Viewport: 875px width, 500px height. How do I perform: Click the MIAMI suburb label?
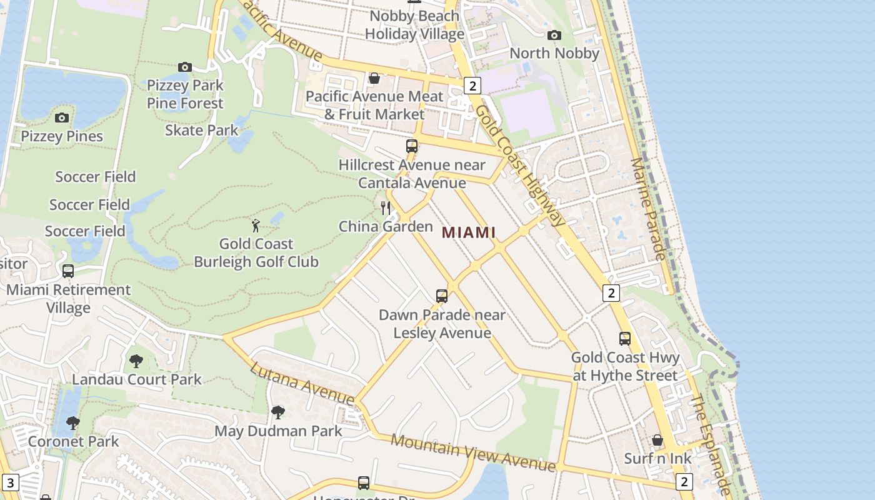pos(468,232)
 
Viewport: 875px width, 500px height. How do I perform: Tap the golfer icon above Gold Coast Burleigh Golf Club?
pos(255,225)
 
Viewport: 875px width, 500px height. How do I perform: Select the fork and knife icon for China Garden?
pos(386,207)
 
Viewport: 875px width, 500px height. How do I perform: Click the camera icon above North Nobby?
pos(554,35)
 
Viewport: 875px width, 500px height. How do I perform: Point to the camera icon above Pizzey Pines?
pos(61,117)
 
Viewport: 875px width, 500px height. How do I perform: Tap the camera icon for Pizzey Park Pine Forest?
pos(184,67)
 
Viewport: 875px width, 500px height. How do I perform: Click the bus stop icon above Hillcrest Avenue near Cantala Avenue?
pos(411,146)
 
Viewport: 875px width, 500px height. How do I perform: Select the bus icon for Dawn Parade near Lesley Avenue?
pos(442,296)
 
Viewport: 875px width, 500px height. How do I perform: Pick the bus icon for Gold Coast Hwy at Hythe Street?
pos(624,339)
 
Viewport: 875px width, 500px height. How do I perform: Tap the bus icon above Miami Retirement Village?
pos(68,271)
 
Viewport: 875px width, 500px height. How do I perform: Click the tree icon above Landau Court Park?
pos(136,361)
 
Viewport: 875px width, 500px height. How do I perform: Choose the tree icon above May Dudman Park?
pos(277,412)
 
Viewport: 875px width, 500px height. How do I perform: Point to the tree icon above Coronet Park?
pos(73,423)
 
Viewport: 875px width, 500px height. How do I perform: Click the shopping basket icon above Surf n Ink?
pos(657,440)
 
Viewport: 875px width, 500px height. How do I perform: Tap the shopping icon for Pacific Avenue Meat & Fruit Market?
pos(374,78)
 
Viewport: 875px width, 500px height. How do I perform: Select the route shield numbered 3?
pos(11,482)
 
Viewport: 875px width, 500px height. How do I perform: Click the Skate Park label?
pos(202,130)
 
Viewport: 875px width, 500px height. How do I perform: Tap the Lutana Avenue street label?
pos(302,382)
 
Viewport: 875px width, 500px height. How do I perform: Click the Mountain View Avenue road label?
pos(472,452)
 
